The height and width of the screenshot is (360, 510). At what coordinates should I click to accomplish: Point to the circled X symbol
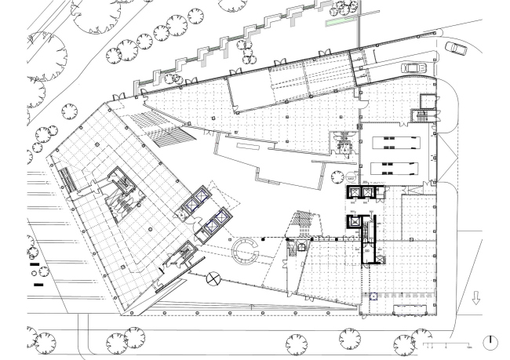[213, 278]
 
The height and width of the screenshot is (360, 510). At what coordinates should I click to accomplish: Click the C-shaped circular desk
[245, 253]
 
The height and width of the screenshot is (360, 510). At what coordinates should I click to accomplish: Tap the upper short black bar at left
[34, 265]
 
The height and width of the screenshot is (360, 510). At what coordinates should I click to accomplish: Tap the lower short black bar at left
[38, 285]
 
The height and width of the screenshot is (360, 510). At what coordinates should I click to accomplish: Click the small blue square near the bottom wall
[373, 296]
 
